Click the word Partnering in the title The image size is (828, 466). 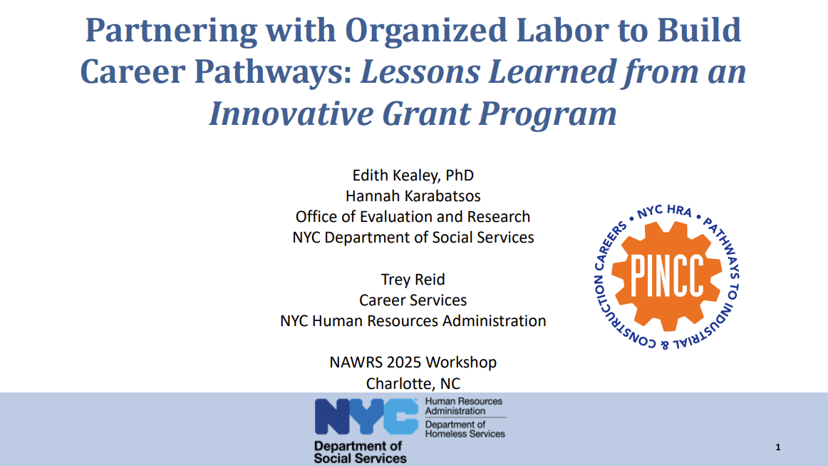(171, 31)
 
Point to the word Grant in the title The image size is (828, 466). (426, 113)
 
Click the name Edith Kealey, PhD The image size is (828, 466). (413, 175)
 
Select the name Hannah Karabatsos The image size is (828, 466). (413, 196)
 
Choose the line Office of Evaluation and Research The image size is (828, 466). (413, 216)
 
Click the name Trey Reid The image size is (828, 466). (413, 279)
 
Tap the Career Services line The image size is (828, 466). (413, 300)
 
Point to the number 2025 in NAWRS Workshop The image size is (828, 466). (404, 363)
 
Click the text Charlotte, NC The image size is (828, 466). (413, 383)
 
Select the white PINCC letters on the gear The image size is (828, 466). (667, 275)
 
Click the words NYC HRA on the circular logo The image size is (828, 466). (664, 211)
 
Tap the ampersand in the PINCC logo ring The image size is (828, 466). (664, 345)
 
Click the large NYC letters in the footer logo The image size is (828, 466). (366, 417)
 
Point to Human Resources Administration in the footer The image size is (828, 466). (464, 406)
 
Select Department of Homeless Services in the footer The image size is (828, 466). (465, 429)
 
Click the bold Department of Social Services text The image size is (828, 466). (360, 452)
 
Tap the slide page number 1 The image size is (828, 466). (778, 447)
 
